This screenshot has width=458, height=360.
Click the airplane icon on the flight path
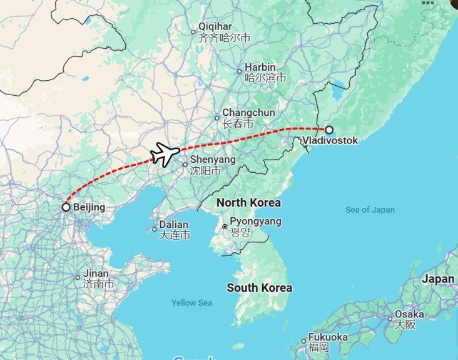point(165,153)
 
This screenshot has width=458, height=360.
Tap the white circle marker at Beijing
point(66,207)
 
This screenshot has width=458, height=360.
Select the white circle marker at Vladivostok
point(329,130)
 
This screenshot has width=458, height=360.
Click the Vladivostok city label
point(330,141)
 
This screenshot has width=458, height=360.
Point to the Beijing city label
point(89,207)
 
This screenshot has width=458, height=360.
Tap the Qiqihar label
point(215,26)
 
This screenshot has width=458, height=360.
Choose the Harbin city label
point(260,67)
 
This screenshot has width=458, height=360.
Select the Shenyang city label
point(213,160)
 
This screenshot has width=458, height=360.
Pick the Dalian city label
point(173,224)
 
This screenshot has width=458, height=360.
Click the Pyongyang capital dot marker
point(225,226)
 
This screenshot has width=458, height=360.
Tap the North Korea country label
point(248,203)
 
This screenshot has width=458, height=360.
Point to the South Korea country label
point(259,288)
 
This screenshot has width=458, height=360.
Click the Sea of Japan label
point(370,210)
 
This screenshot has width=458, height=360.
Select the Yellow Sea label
point(192,303)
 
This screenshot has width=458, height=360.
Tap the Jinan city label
point(96,274)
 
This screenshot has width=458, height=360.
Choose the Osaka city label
point(409,314)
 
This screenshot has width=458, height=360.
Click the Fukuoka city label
point(328,337)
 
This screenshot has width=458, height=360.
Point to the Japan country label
point(438,279)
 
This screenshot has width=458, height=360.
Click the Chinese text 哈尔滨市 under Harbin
point(265,78)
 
